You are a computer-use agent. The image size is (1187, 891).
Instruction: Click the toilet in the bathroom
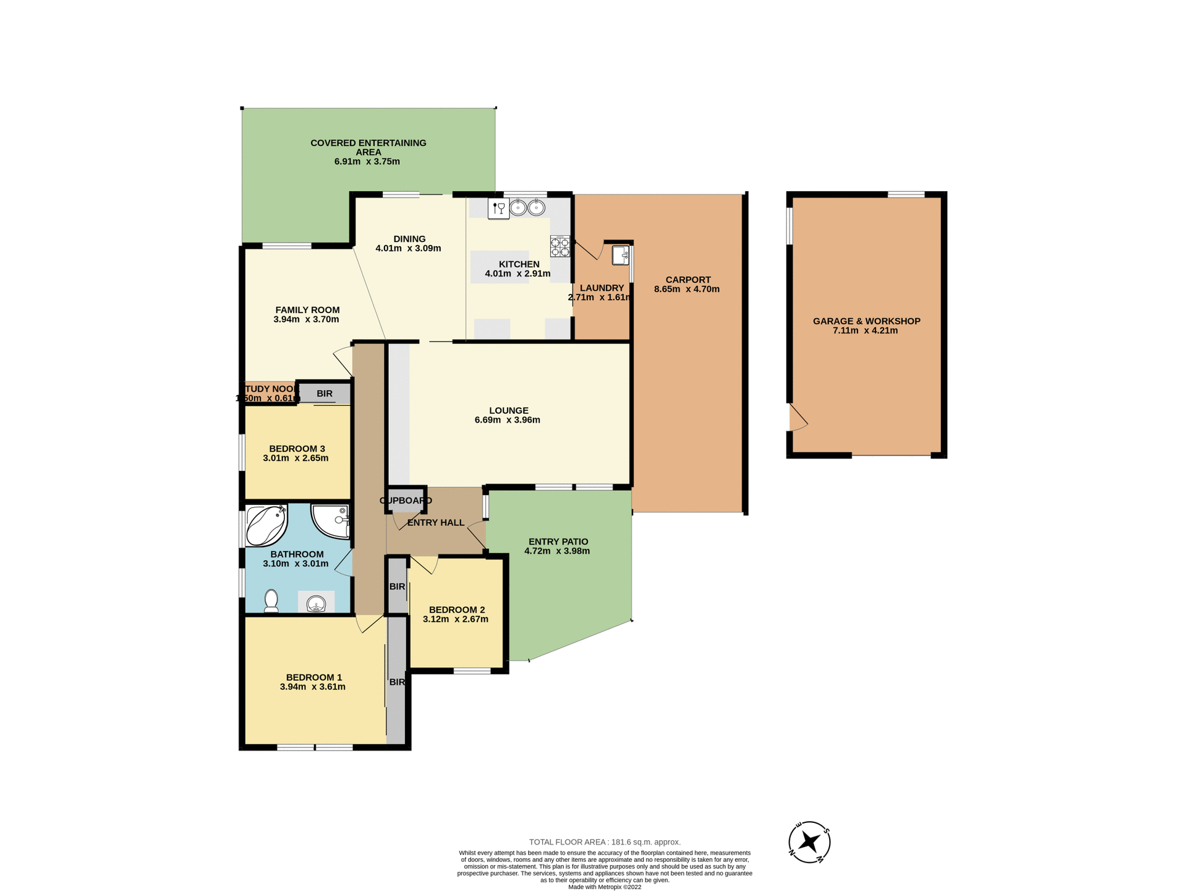(x=271, y=601)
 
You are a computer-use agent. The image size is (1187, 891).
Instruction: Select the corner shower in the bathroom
(x=331, y=521)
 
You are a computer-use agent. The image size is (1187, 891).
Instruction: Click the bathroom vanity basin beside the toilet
(x=316, y=603)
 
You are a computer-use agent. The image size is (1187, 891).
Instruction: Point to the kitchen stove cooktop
(x=560, y=246)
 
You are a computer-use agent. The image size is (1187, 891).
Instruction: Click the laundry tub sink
(x=620, y=255)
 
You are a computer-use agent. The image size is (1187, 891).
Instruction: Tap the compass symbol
(x=809, y=842)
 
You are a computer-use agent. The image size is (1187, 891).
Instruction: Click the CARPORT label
(x=688, y=280)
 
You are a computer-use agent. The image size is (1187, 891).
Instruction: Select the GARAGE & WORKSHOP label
(x=866, y=321)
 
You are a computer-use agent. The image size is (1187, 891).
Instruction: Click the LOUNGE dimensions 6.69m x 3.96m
(x=507, y=420)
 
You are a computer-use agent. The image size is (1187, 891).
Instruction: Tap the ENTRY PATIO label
(x=558, y=541)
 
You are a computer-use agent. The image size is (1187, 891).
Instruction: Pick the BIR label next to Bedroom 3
(x=325, y=394)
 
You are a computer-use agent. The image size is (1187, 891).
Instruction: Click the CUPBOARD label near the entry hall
(x=406, y=501)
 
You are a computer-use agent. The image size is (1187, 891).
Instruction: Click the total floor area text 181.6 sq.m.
(x=605, y=842)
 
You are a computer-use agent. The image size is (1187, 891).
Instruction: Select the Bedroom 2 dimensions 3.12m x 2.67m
(x=456, y=619)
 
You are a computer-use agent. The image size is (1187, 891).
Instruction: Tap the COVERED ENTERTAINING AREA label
(x=368, y=147)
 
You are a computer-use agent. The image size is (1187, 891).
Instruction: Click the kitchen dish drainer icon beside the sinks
(x=498, y=209)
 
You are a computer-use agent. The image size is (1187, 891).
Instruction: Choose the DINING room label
(x=409, y=239)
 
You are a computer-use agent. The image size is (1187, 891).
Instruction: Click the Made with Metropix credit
(x=605, y=887)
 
